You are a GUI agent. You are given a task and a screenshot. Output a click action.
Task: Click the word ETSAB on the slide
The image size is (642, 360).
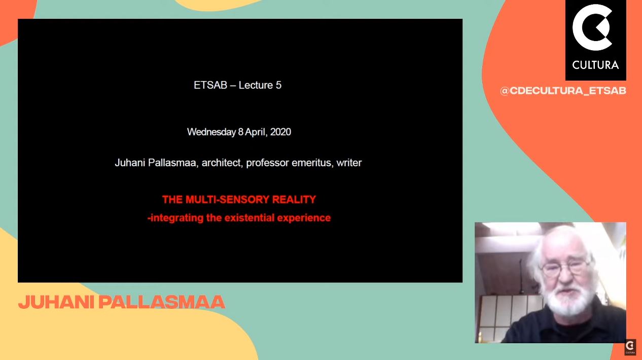tap(210, 85)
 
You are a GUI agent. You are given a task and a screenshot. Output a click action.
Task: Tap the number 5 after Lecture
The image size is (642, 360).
tap(278, 85)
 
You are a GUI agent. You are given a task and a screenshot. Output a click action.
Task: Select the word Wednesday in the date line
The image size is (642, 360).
tap(211, 132)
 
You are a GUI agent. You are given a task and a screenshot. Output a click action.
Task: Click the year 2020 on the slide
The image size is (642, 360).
tap(280, 132)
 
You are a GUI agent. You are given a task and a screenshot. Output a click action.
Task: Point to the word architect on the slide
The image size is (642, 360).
tap(221, 163)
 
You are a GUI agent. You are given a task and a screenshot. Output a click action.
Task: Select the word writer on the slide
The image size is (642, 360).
tap(349, 163)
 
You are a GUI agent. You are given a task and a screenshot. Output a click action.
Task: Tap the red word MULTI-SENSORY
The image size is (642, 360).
tap(228, 199)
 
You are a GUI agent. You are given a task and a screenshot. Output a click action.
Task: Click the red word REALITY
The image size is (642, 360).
tap(294, 199)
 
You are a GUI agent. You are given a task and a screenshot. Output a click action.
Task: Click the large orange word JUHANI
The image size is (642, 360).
tap(56, 302)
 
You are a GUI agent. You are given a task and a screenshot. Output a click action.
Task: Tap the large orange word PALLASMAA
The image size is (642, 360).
tap(162, 302)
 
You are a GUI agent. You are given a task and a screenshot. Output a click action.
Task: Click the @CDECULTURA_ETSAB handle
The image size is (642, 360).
tap(563, 91)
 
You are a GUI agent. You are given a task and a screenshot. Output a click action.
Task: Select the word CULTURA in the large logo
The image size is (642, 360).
tap(595, 65)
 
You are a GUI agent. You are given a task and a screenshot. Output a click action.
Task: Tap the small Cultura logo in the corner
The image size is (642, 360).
tap(630, 347)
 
